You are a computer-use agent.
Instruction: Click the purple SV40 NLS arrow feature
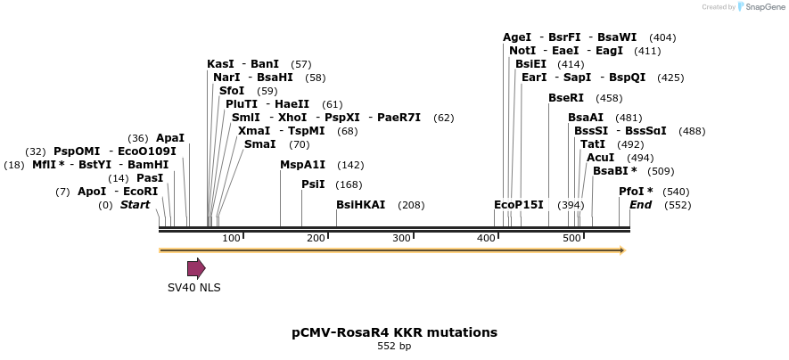click(196, 268)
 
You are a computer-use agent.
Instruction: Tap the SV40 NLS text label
click(194, 288)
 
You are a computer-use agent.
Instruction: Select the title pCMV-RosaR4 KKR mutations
click(394, 332)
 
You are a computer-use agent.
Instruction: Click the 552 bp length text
click(394, 346)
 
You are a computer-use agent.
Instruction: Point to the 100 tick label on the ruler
click(231, 238)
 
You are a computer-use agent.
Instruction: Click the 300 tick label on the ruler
click(401, 238)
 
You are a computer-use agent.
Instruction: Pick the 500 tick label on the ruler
click(571, 238)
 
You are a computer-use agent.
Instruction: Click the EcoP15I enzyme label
click(519, 205)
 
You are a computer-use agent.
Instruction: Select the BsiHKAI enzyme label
click(360, 205)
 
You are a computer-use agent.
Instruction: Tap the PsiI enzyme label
click(313, 184)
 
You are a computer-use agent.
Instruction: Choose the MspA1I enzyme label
click(303, 165)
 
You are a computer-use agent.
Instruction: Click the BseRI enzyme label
click(566, 98)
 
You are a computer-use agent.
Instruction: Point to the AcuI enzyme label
click(600, 158)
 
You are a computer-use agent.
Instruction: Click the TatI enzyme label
click(593, 144)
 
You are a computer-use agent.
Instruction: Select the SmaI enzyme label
click(259, 144)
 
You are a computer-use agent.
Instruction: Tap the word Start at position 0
click(135, 205)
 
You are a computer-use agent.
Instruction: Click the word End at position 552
click(640, 205)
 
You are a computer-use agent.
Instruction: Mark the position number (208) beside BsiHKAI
click(411, 205)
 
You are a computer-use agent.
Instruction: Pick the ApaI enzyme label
click(170, 138)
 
